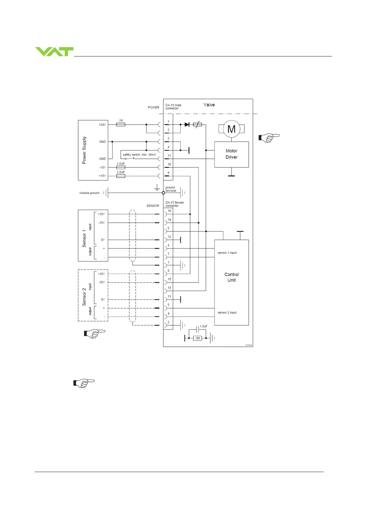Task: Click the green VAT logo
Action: [54, 51]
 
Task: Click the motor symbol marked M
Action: [232, 129]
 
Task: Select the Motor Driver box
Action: [232, 154]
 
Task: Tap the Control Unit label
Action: [232, 277]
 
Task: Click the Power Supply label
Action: [84, 150]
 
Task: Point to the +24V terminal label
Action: [102, 125]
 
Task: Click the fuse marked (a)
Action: [121, 125]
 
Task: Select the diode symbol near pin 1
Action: [187, 125]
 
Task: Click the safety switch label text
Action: [139, 155]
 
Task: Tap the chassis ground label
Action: [89, 193]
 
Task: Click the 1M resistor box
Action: [197, 338]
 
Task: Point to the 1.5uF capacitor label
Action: [203, 326]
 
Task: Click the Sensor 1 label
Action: [84, 238]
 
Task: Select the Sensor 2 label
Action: [84, 297]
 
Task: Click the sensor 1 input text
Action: [227, 253]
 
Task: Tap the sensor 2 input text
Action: [227, 312]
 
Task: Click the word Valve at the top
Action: [209, 105]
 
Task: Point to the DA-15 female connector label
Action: [175, 204]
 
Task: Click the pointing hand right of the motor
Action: [269, 137]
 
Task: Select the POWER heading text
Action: [153, 108]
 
